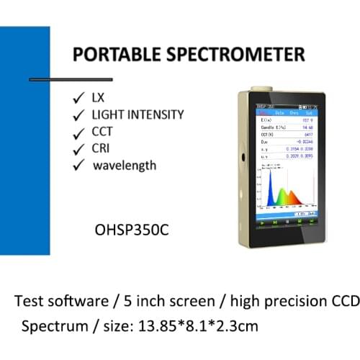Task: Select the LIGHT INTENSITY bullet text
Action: click(x=138, y=114)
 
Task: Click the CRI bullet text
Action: click(x=102, y=148)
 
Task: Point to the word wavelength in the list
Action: click(x=124, y=165)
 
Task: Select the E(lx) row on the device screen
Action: click(x=287, y=120)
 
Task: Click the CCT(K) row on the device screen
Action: click(x=287, y=134)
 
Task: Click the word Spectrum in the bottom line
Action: click(x=53, y=325)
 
